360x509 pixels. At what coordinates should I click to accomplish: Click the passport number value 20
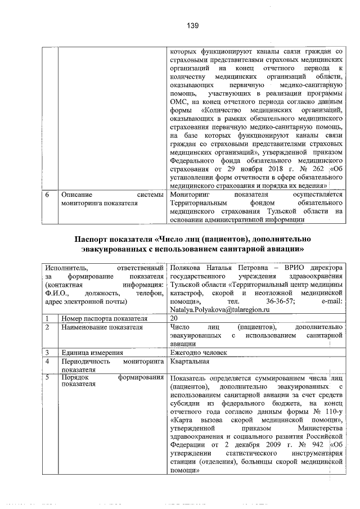[174, 318]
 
